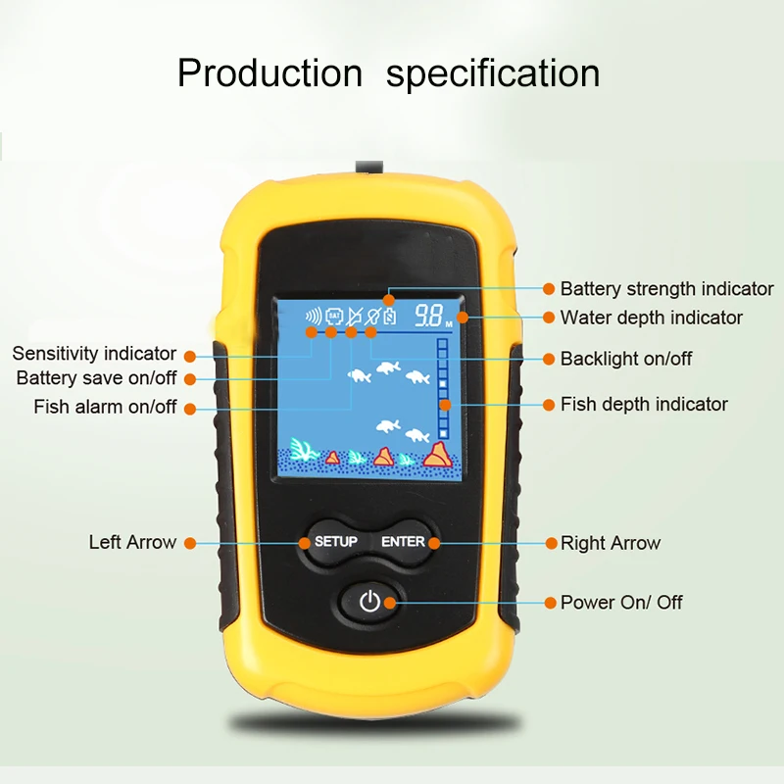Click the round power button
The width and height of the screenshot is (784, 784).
click(x=368, y=602)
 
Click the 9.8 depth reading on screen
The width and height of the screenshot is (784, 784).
click(x=427, y=316)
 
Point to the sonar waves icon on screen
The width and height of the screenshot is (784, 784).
click(x=314, y=317)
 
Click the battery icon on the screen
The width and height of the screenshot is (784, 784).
click(x=390, y=317)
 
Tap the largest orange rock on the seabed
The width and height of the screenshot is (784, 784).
click(x=436, y=454)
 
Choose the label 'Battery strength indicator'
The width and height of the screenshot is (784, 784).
click(x=666, y=289)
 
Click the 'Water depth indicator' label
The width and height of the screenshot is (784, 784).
click(x=651, y=318)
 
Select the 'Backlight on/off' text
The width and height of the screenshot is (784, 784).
click(x=625, y=359)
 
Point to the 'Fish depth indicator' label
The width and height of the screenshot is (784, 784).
click(x=644, y=404)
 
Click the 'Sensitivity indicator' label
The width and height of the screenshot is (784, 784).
click(x=94, y=354)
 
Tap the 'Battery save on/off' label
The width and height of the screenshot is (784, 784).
click(x=97, y=378)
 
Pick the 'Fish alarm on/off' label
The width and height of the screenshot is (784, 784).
click(x=106, y=407)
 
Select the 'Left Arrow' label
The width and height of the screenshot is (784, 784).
click(x=132, y=542)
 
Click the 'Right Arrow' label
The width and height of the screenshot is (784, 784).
click(x=610, y=543)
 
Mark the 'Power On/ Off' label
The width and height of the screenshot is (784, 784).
click(x=621, y=602)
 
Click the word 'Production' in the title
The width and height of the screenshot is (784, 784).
click(x=269, y=73)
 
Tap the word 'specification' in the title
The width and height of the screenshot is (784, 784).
click(x=493, y=73)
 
